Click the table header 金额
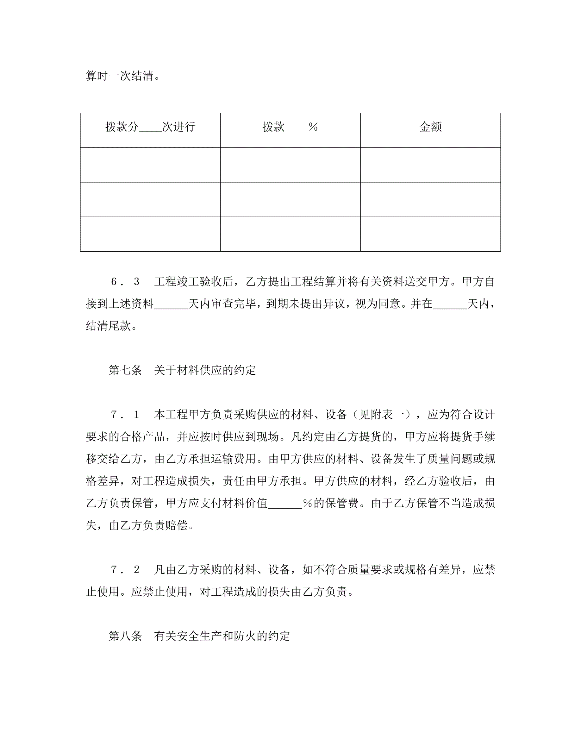click(430, 127)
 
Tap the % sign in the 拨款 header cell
click(313, 127)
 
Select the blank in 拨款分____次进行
click(150, 128)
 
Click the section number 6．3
click(125, 282)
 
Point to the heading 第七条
click(125, 371)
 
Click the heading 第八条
click(125, 636)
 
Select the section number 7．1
click(125, 415)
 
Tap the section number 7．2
click(125, 570)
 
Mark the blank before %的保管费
click(285, 504)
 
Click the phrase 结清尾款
click(108, 326)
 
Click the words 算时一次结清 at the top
click(119, 76)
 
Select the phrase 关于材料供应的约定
click(205, 371)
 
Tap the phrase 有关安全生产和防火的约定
click(222, 636)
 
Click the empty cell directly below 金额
click(430, 165)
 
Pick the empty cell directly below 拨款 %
click(290, 165)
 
